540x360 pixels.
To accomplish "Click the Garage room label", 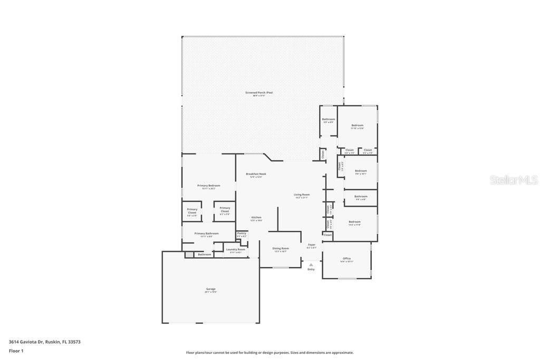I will [x=210, y=289].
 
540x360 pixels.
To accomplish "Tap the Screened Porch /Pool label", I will [x=259, y=93].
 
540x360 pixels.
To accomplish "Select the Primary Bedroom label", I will [x=209, y=186].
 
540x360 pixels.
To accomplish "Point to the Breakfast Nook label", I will [x=256, y=174].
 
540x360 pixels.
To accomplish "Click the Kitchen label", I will [x=256, y=217].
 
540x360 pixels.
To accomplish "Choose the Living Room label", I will [x=302, y=194].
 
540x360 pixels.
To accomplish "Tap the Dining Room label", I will [x=281, y=248].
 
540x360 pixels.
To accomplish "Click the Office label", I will [x=346, y=258].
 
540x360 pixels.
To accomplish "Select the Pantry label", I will [x=242, y=233].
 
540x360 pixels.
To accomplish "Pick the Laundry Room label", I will [x=236, y=249].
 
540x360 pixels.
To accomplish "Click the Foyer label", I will [x=312, y=245].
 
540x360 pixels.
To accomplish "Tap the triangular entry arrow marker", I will [x=311, y=265].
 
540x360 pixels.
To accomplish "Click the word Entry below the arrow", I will [x=311, y=269].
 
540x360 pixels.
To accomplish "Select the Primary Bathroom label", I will [x=206, y=233].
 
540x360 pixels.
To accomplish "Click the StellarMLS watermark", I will [x=514, y=180].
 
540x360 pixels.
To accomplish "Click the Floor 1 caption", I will [x=16, y=351].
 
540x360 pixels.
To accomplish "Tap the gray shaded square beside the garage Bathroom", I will [x=189, y=255].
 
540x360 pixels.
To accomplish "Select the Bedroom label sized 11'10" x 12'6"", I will [x=358, y=125].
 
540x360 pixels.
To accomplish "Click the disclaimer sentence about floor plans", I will [x=269, y=353].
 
